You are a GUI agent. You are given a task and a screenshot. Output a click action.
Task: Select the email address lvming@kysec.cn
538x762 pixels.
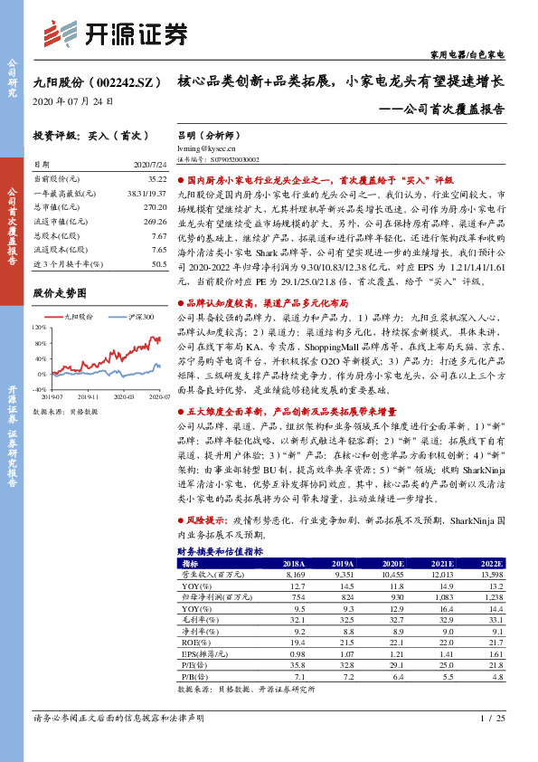tap(205, 147)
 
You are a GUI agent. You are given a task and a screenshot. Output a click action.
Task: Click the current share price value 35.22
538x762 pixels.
tap(157, 181)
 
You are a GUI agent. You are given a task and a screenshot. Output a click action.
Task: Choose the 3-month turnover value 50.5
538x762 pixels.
tap(159, 264)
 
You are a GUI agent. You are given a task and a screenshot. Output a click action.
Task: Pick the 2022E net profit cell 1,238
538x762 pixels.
tap(491, 598)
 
